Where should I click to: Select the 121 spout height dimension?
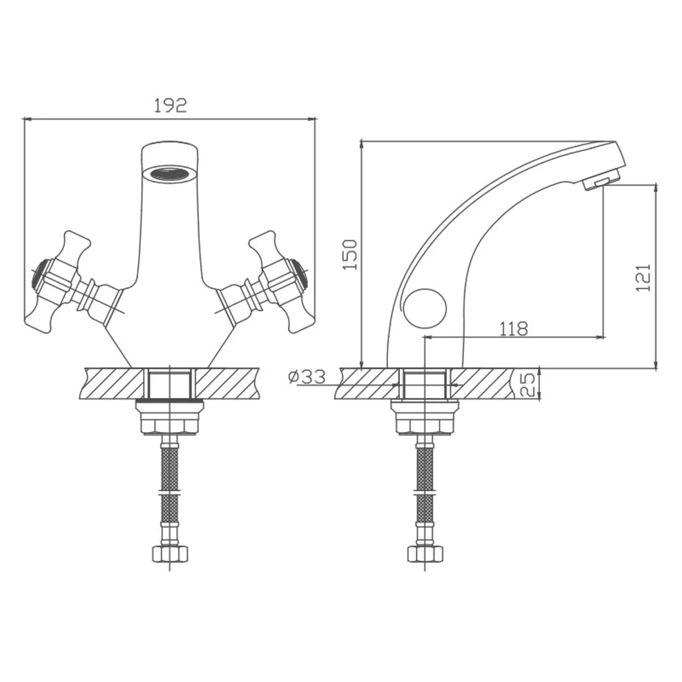(x=644, y=278)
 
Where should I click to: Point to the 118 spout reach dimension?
(x=514, y=328)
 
